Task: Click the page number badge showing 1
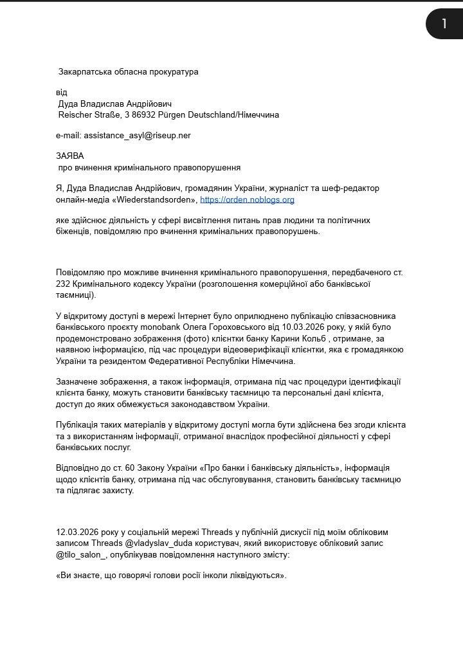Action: pyautogui.click(x=444, y=24)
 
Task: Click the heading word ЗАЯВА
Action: pyautogui.click(x=70, y=156)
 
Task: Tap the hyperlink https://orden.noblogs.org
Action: pyautogui.click(x=247, y=199)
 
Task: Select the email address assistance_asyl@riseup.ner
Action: pyautogui.click(x=137, y=136)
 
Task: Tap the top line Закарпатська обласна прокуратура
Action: pyautogui.click(x=128, y=71)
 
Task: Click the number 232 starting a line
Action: pyautogui.click(x=63, y=284)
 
